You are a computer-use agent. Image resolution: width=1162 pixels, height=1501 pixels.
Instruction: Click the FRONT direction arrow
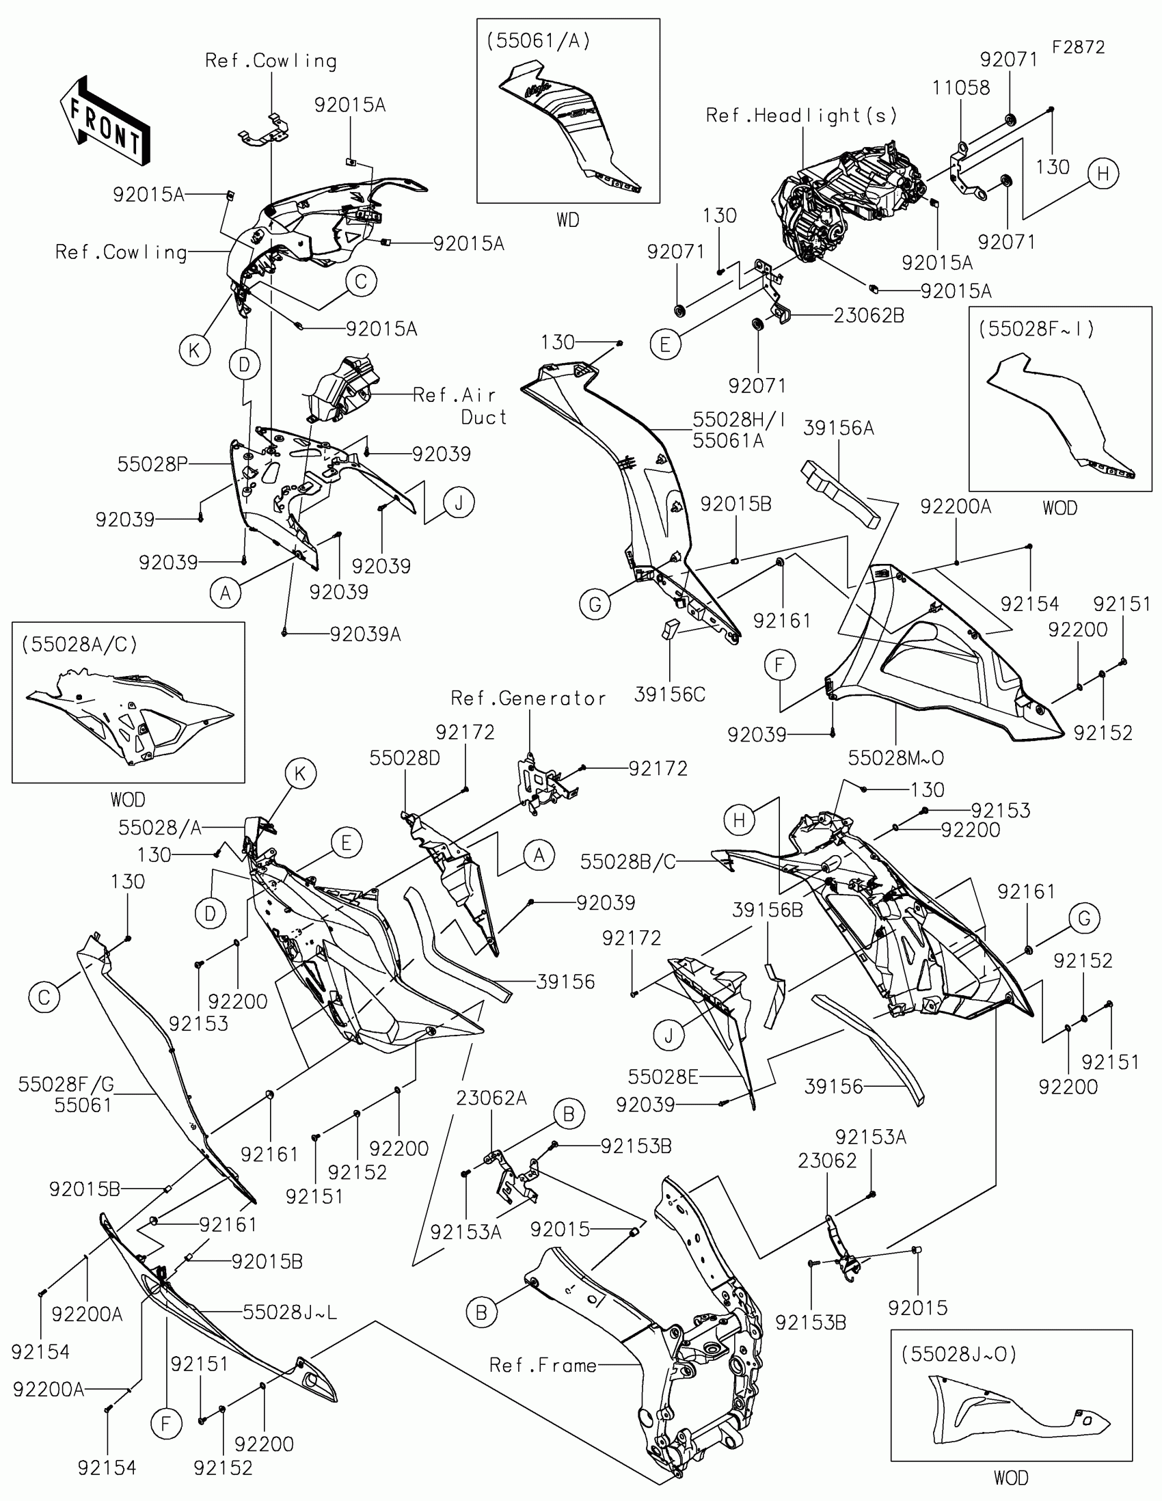tap(105, 122)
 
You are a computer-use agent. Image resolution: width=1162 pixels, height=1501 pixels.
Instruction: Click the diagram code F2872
tap(1078, 47)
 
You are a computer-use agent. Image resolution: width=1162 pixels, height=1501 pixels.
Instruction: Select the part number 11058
tap(960, 88)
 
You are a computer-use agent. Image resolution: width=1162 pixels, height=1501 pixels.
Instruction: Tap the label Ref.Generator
tap(528, 699)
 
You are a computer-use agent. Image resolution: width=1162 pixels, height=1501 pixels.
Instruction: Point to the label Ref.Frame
tap(543, 1365)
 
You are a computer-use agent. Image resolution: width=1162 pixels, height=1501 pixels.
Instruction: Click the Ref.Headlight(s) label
tap(801, 115)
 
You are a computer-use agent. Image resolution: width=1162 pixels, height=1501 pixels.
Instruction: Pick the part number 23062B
tap(869, 316)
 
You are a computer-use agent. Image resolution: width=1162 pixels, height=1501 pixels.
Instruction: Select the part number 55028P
tap(152, 464)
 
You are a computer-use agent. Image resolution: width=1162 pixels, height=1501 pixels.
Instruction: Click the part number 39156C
tap(669, 694)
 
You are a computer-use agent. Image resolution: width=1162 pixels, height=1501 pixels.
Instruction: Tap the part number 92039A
tap(365, 634)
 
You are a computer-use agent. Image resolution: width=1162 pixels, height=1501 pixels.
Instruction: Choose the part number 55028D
tap(404, 758)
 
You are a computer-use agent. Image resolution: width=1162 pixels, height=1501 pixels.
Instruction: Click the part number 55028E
tap(662, 1077)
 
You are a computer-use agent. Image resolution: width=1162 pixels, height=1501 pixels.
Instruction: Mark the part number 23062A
tap(491, 1098)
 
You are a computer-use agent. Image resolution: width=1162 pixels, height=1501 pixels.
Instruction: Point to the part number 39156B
tap(767, 910)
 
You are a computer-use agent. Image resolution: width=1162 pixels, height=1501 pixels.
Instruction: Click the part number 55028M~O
tap(895, 757)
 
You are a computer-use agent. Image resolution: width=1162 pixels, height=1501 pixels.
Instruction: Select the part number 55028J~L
tap(289, 1312)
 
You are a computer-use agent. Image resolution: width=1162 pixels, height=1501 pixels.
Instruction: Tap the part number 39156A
tap(838, 428)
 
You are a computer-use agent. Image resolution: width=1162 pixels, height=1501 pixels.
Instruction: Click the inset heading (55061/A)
tap(538, 41)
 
